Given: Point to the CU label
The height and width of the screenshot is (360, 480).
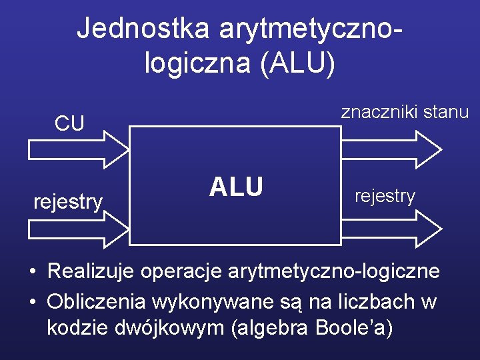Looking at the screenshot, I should tap(69, 124).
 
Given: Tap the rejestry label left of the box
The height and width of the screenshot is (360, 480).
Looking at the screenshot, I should tap(69, 201).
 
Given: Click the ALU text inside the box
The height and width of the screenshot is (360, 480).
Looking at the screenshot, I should tap(236, 187).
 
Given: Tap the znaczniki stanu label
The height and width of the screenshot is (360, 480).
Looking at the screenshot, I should tap(405, 112).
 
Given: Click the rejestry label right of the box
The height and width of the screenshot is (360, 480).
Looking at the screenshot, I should tap(385, 196).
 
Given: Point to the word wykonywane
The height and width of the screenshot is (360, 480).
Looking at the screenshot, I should tap(208, 301).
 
